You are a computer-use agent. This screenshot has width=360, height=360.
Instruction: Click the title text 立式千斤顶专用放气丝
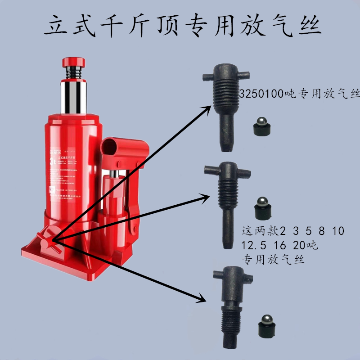[182, 26]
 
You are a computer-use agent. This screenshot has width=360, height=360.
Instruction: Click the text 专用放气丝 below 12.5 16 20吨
[274, 260]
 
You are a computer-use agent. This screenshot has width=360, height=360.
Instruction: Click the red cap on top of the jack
[74, 61]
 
